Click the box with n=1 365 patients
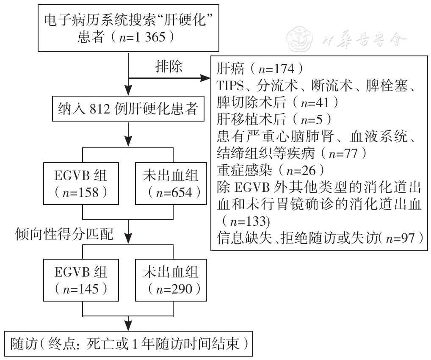tap(128, 28)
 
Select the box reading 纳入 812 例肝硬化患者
tap(128, 108)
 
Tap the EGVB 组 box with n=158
tap(81, 184)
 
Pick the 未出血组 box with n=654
tap(171, 184)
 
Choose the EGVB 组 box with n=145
tap(81, 280)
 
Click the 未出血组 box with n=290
tap(171, 280)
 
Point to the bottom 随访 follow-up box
tap(129, 344)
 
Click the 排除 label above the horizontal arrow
tap(169, 66)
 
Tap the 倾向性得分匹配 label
tap(64, 234)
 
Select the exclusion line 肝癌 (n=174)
tap(260, 69)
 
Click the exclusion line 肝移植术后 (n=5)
tap(274, 119)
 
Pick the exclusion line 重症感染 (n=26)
tap(271, 171)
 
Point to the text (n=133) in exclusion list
tap(246, 221)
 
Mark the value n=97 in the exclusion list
tap(401, 238)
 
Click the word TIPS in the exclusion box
tap(230, 86)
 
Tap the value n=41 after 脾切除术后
tap(315, 102)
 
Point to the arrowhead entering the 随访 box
tap(128, 326)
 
